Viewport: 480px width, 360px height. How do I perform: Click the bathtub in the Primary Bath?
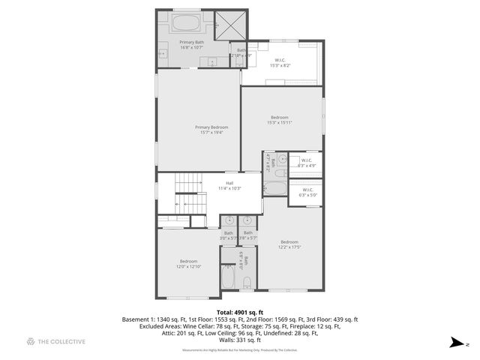pyautogui.click(x=186, y=22)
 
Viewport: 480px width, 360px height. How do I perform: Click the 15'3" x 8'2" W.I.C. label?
pyautogui.click(x=280, y=63)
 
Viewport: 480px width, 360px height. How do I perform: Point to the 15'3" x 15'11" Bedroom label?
pyautogui.click(x=282, y=121)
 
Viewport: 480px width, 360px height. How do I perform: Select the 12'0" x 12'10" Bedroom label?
pyautogui.click(x=187, y=264)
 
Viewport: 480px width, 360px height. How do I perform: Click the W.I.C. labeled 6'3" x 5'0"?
pyautogui.click(x=307, y=192)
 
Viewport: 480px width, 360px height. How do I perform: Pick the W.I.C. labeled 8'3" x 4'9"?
pyautogui.click(x=306, y=162)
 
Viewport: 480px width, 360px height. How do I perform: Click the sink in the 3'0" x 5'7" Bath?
pyautogui.click(x=229, y=221)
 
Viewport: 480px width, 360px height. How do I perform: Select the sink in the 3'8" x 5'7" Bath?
pyautogui.click(x=247, y=221)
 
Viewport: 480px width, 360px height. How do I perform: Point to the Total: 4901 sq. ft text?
pyautogui.click(x=240, y=310)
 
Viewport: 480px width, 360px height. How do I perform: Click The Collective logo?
pyautogui.click(x=56, y=342)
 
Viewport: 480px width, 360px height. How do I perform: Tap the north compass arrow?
pyautogui.click(x=455, y=343)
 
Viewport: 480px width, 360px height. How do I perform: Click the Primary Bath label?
pyautogui.click(x=191, y=46)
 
